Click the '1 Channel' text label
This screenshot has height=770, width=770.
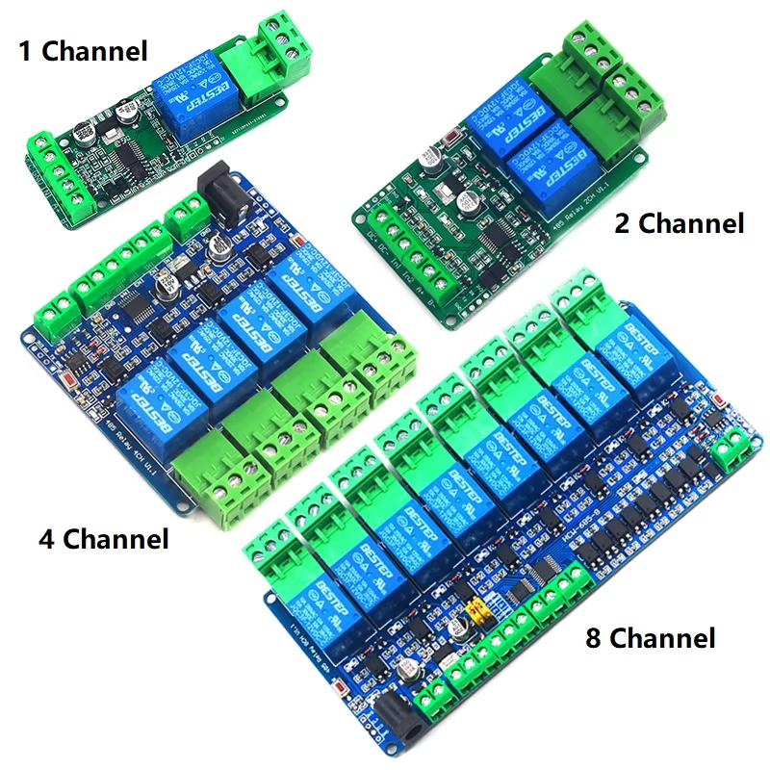click(x=84, y=50)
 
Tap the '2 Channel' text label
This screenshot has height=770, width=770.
click(x=680, y=223)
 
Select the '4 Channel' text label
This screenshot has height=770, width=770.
click(x=103, y=538)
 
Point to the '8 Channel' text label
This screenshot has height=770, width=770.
click(x=650, y=637)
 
